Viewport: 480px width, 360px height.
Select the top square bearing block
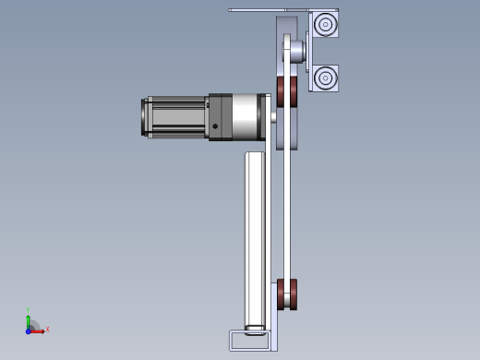[x=324, y=24]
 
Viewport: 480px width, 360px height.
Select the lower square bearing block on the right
[x=324, y=78]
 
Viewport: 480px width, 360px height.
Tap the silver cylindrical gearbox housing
[x=245, y=116]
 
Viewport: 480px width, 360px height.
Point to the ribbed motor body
[x=177, y=117]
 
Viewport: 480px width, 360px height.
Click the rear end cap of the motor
[x=145, y=117]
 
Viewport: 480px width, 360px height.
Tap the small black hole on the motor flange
[x=215, y=127]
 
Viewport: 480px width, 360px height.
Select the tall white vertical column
[x=255, y=240]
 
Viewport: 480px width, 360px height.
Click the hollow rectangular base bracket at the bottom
[x=249, y=341]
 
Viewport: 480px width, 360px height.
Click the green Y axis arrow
[x=29, y=319]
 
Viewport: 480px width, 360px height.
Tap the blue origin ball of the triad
[x=29, y=330]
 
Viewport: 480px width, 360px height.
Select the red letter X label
[x=47, y=330]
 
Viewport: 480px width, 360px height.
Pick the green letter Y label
[x=29, y=310]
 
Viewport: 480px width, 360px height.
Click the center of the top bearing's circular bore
[x=324, y=24]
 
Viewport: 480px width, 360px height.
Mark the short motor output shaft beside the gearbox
[x=271, y=117]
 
